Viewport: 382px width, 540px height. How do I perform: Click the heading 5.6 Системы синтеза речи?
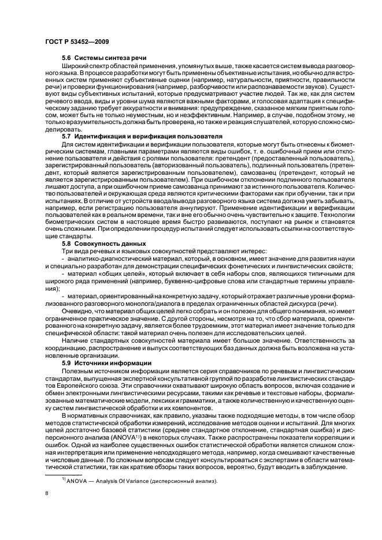click(104, 58)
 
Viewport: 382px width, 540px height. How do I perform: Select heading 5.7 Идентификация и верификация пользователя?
click(142, 152)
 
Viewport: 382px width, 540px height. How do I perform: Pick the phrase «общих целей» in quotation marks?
click(113, 272)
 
